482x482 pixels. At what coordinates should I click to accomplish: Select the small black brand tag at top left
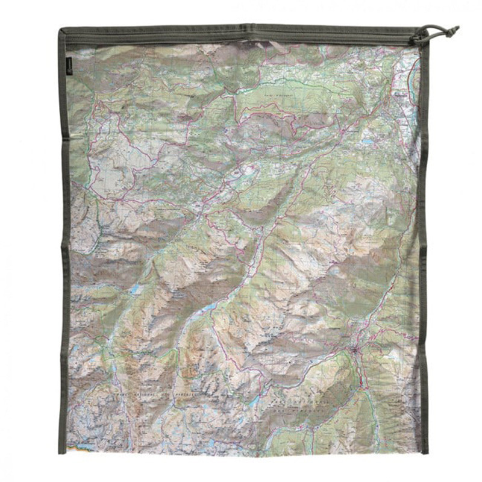click(x=70, y=68)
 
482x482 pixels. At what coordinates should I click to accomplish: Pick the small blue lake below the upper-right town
click(x=367, y=143)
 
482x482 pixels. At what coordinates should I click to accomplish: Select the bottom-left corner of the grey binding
click(x=61, y=451)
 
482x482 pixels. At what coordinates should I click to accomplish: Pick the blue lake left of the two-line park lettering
click(x=255, y=401)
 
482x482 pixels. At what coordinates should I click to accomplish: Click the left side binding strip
click(x=63, y=241)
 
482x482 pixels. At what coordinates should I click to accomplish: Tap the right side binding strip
click(x=424, y=241)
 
